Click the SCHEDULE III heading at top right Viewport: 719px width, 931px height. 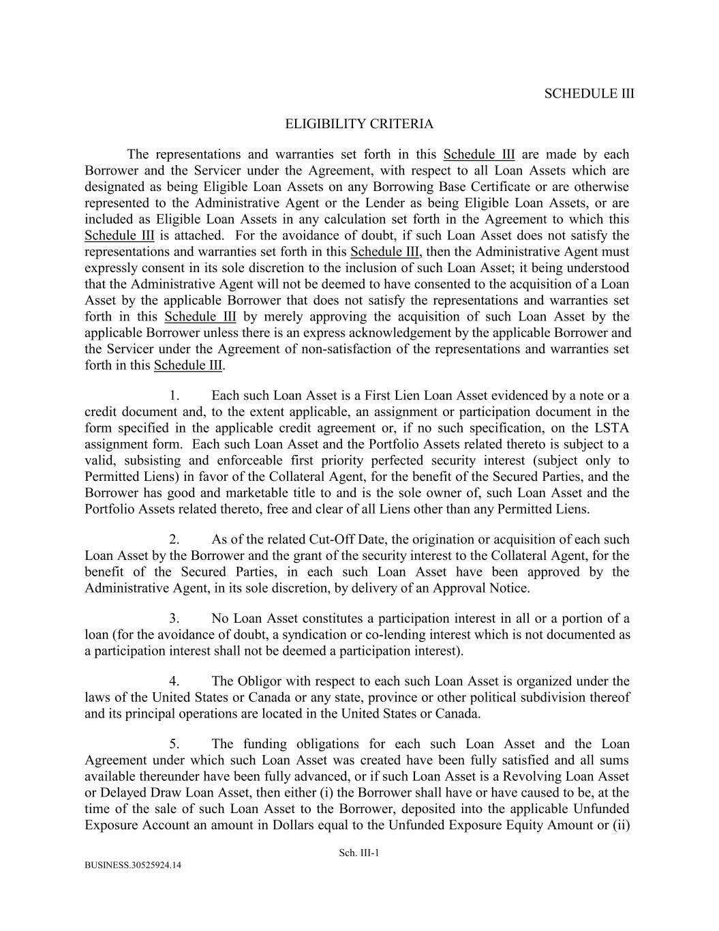coord(589,94)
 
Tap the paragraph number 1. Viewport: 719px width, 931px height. coord(174,396)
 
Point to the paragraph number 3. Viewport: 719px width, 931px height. coord(174,619)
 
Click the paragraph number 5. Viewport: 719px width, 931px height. coord(174,744)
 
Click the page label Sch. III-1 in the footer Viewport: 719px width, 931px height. coord(358,853)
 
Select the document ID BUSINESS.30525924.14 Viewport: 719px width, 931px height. coord(133,866)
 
